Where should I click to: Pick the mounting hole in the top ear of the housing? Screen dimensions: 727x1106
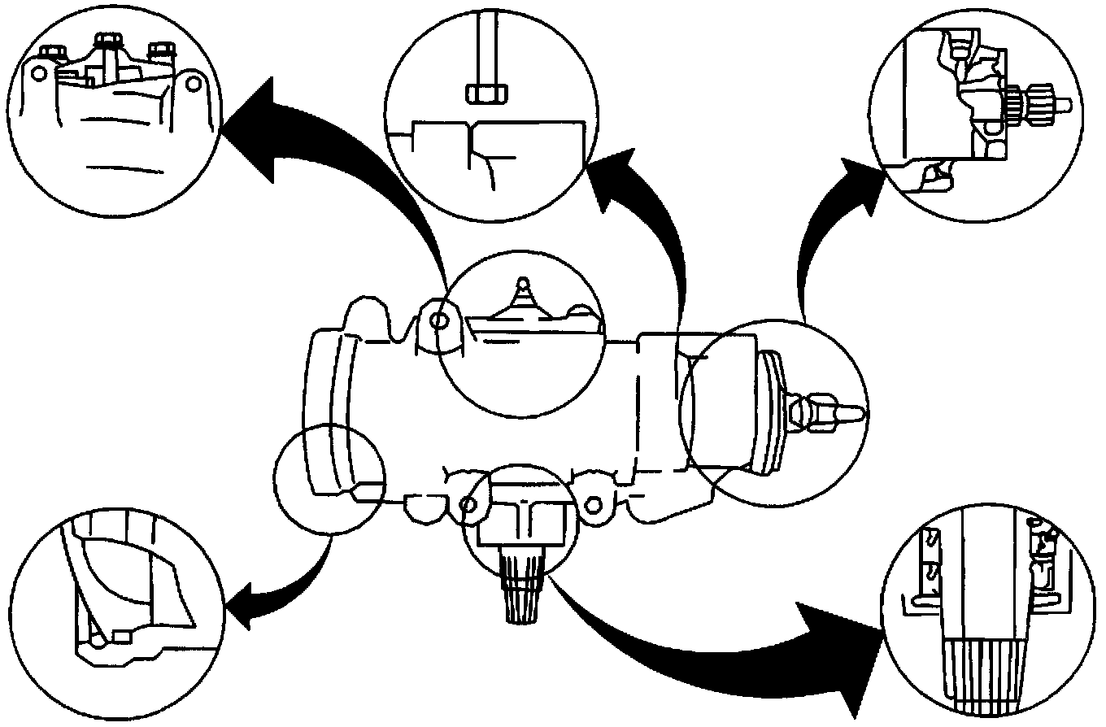pos(438,320)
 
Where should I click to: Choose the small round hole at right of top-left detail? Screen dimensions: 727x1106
pos(191,82)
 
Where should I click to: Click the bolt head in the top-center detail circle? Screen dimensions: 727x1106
pos(486,92)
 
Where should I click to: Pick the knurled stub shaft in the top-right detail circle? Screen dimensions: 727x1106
pos(1039,103)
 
